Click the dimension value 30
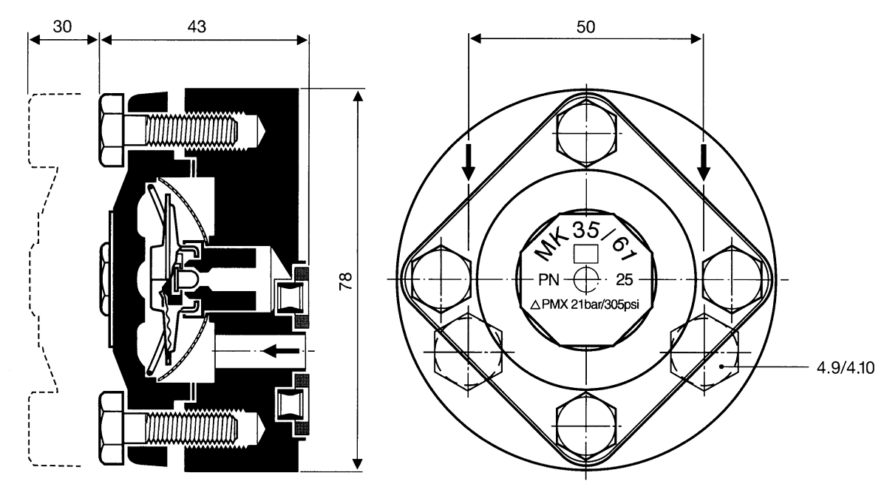click(x=63, y=27)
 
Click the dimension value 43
click(x=197, y=27)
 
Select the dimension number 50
click(x=585, y=27)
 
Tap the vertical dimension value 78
click(x=346, y=281)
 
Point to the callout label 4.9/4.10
click(x=846, y=368)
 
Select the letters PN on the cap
click(x=548, y=280)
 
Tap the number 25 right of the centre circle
click(x=625, y=280)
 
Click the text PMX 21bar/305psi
click(x=591, y=304)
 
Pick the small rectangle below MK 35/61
click(x=586, y=253)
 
